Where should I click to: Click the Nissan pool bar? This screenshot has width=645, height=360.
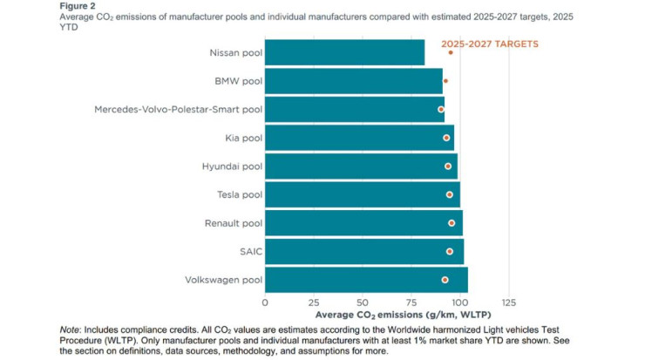[344, 52]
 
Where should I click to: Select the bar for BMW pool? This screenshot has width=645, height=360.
[353, 81]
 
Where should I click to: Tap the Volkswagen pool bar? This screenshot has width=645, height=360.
[366, 280]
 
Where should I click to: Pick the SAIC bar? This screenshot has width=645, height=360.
[363, 251]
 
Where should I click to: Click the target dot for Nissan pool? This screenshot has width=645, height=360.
[451, 52]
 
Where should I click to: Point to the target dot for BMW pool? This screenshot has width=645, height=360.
[445, 81]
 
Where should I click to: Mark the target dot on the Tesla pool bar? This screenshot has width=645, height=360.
[450, 194]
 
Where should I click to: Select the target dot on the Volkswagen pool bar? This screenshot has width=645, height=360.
[445, 280]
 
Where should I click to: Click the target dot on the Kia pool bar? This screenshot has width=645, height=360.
[447, 138]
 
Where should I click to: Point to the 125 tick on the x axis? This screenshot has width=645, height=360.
[509, 302]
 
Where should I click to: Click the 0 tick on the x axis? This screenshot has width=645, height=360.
[265, 302]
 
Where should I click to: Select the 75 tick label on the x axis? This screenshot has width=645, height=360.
[411, 302]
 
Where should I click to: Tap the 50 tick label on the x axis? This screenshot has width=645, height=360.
[363, 302]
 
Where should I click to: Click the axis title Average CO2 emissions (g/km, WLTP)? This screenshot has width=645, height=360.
[387, 315]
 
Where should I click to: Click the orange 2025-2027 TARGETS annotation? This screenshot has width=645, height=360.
[490, 43]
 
